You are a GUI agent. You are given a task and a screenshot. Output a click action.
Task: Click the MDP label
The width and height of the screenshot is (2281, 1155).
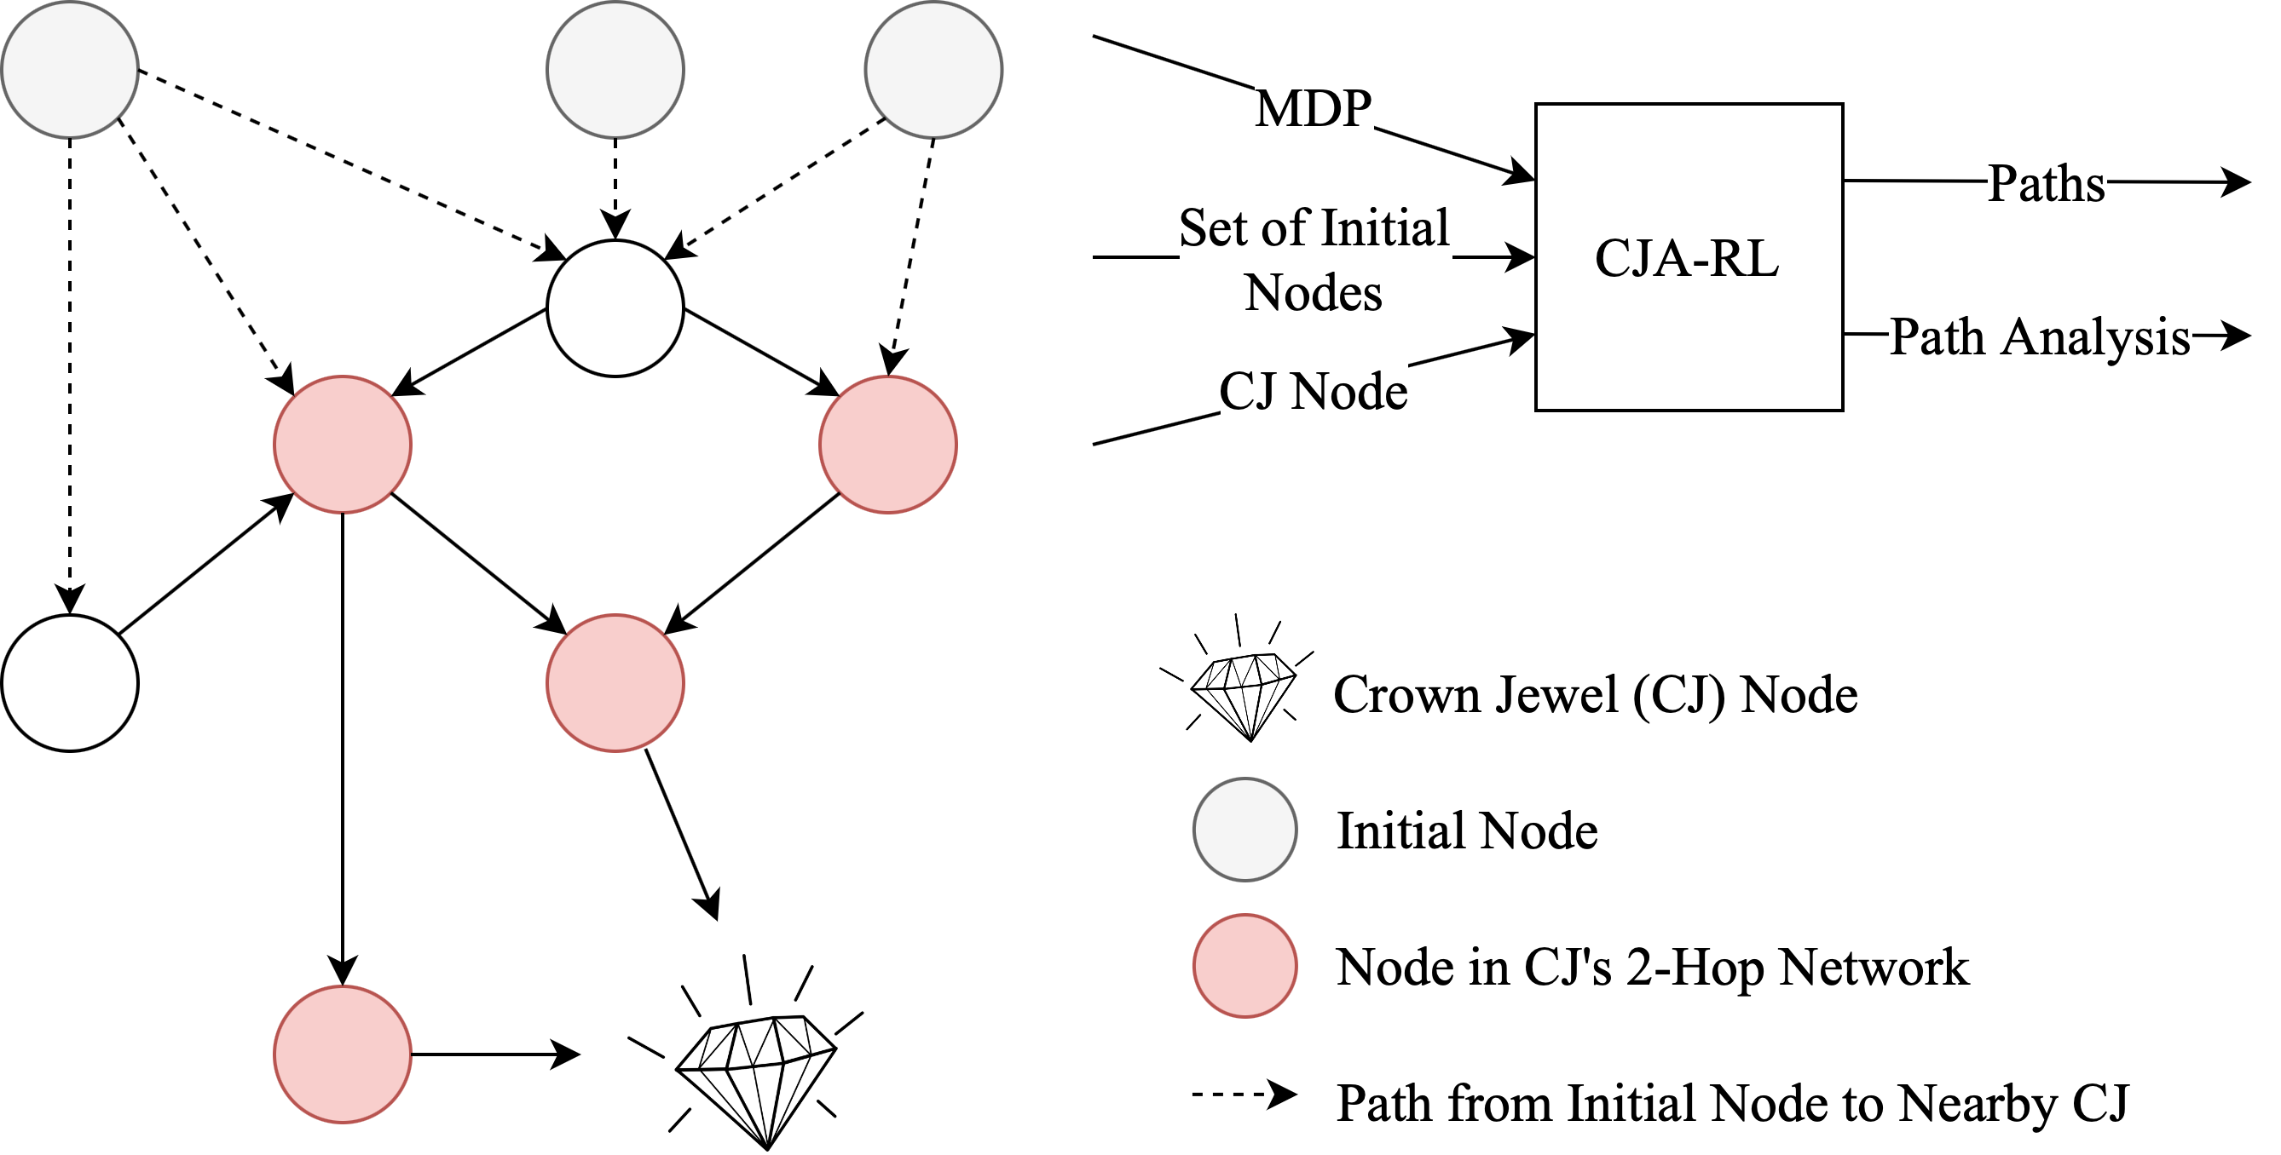[x=1314, y=107]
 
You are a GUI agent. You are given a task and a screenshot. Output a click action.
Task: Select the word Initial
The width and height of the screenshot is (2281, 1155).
[x=1385, y=227]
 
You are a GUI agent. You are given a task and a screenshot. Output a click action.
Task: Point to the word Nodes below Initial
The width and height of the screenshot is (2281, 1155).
[x=1314, y=292]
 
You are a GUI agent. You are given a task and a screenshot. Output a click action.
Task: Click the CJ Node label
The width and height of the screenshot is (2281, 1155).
[x=1314, y=390]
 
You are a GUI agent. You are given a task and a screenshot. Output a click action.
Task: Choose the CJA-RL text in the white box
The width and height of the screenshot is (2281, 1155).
[x=1687, y=258]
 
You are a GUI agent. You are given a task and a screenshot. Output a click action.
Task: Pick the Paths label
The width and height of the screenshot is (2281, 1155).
[x=2047, y=182]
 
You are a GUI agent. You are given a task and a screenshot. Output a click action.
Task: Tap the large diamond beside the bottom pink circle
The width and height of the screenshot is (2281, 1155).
[x=757, y=1075]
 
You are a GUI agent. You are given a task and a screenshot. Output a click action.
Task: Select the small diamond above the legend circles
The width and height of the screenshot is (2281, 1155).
[x=1244, y=692]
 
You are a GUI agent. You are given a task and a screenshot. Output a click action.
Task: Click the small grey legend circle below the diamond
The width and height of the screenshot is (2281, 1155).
[x=1245, y=830]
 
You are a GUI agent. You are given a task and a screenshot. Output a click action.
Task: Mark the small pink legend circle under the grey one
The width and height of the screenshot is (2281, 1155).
[x=1245, y=966]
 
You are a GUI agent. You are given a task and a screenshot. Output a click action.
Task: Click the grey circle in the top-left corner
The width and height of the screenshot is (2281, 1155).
[x=70, y=69]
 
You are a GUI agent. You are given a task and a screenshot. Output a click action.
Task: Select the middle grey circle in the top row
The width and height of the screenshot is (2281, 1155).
[x=615, y=69]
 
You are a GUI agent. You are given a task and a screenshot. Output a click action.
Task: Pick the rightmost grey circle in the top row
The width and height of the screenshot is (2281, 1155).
[x=933, y=69]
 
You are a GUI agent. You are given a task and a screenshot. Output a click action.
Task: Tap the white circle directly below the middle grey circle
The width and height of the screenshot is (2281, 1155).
[x=615, y=308]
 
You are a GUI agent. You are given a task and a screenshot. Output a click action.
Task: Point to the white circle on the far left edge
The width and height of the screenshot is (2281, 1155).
[x=70, y=683]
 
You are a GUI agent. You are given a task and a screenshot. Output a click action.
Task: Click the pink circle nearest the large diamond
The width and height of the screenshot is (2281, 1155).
[x=343, y=1054]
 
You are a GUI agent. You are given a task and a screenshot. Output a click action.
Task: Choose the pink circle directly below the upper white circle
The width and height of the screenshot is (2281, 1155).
[x=615, y=683]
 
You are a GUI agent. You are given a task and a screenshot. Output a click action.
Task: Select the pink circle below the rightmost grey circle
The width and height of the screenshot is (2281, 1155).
[x=888, y=445]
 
